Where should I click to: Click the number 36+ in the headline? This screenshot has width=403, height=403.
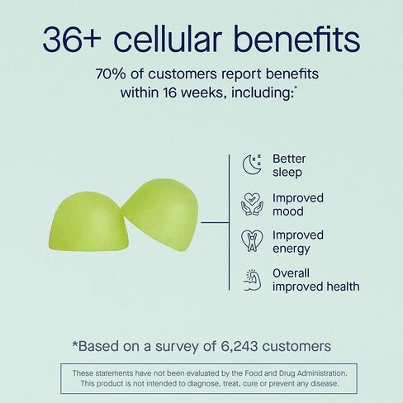tap(72, 40)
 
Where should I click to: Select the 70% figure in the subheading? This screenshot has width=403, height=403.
tap(111, 73)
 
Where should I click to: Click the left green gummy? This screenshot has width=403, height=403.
tap(88, 221)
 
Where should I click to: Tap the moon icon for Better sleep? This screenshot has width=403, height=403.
tap(252, 164)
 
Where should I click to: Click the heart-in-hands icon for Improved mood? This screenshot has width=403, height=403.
tap(252, 204)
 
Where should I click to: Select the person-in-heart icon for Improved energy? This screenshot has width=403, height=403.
tap(252, 241)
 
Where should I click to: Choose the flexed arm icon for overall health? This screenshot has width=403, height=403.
tap(252, 280)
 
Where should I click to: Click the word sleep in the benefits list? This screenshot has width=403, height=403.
tap(287, 173)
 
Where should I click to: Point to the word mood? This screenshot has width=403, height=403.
tap(288, 211)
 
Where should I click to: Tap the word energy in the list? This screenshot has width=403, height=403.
tap(292, 249)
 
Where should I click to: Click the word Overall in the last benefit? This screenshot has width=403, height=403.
tap(291, 273)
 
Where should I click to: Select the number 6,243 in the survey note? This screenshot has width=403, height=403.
tap(239, 346)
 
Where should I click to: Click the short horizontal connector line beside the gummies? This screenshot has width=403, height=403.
tap(215, 222)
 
